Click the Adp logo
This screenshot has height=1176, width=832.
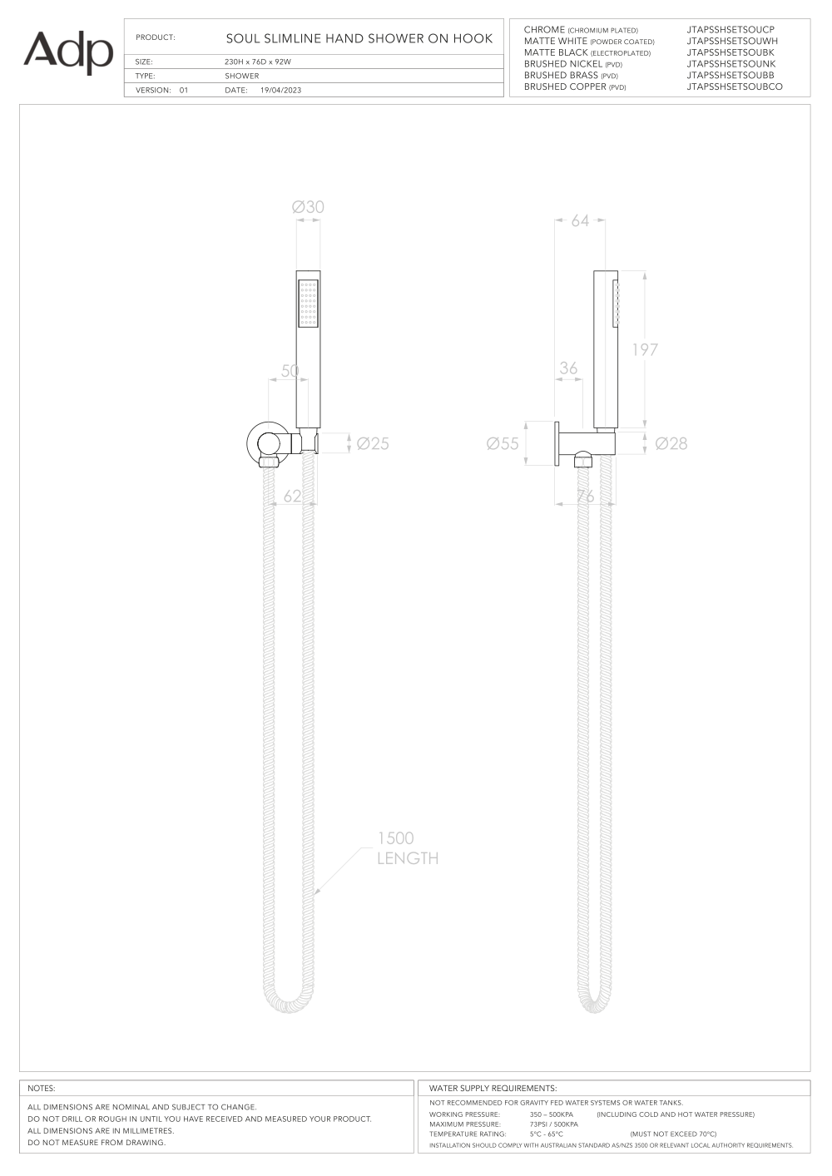[68, 52]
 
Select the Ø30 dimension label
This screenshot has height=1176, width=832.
[308, 207]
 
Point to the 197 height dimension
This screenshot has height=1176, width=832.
[645, 349]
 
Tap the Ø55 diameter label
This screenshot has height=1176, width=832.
[503, 443]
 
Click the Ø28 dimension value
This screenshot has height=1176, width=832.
[671, 443]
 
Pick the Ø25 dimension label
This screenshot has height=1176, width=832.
[373, 443]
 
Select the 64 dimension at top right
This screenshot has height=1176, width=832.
[580, 221]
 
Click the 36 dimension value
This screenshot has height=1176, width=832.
[568, 368]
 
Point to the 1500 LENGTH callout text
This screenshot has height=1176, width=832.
[408, 847]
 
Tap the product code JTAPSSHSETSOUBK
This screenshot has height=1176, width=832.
[730, 52]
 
